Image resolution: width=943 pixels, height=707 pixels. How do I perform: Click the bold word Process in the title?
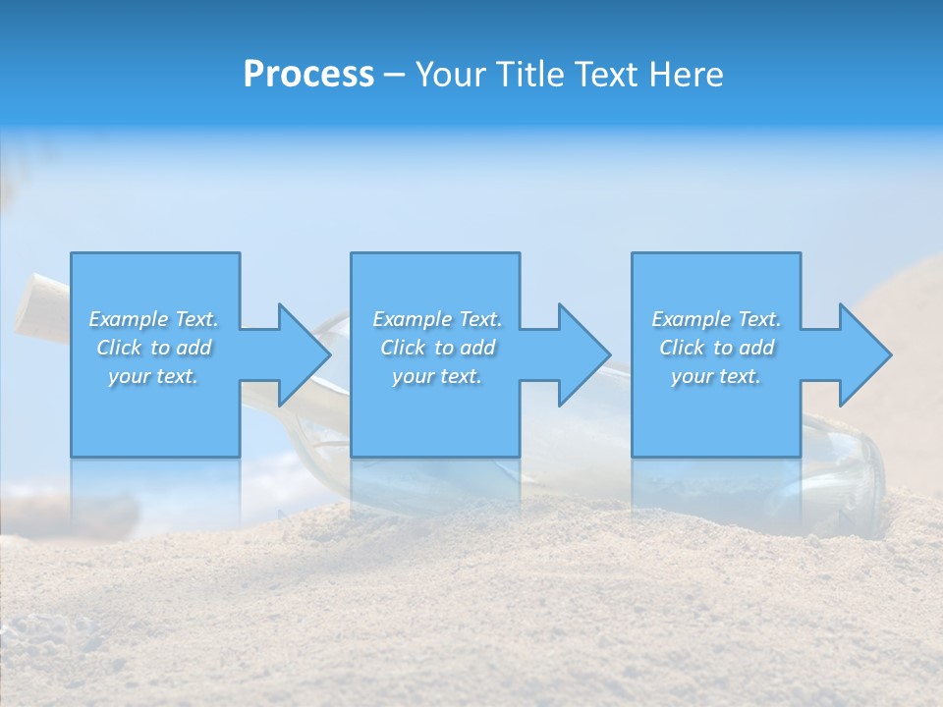click(308, 75)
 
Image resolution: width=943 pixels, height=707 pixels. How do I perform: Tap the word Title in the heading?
click(528, 75)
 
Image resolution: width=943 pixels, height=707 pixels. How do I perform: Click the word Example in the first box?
click(128, 319)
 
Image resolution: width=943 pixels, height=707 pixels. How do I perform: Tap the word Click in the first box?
click(120, 348)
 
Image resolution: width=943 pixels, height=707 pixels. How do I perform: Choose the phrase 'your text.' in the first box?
click(153, 376)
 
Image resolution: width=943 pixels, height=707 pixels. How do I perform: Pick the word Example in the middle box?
click(412, 319)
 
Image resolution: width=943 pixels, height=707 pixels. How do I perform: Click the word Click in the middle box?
click(404, 348)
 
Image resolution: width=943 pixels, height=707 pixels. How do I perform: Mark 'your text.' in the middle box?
click(437, 376)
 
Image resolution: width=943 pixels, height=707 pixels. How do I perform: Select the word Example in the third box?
click(691, 319)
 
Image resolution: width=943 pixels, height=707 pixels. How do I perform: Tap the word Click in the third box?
click(683, 348)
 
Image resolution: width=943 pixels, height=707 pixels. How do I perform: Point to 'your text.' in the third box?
click(716, 376)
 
